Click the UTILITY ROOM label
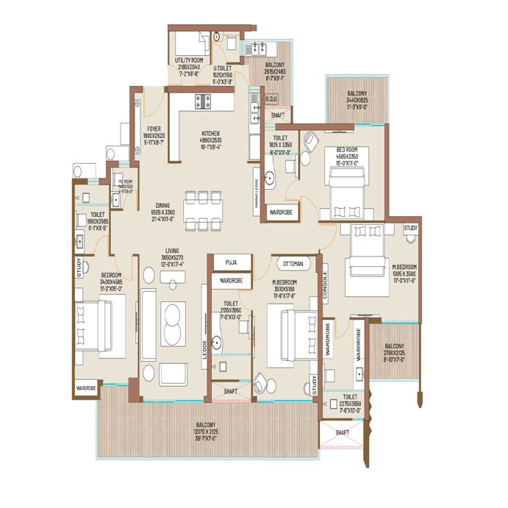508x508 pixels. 188,60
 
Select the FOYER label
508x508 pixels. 154,129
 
